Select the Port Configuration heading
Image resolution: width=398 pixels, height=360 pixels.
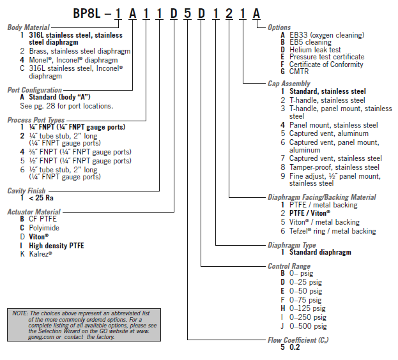click(34, 90)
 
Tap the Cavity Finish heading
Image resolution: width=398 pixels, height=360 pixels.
click(27, 190)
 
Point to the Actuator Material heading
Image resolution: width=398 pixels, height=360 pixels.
click(34, 211)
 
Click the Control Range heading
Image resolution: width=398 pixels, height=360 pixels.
click(289, 266)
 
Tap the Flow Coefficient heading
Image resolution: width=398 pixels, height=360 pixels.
click(300, 341)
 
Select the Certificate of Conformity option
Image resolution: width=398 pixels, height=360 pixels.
click(326, 64)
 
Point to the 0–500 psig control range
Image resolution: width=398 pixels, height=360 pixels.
click(307, 326)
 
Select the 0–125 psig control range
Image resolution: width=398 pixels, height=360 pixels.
click(307, 308)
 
